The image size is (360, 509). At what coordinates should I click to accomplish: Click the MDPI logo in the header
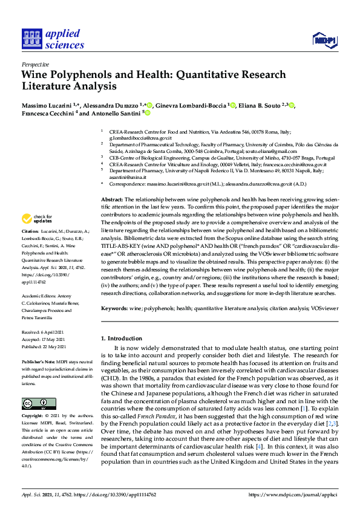pyautogui.click(x=324, y=41)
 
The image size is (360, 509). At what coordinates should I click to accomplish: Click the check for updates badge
pyautogui.click(x=39, y=218)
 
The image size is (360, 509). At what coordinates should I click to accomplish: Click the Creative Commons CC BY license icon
pyautogui.click(x=39, y=403)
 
